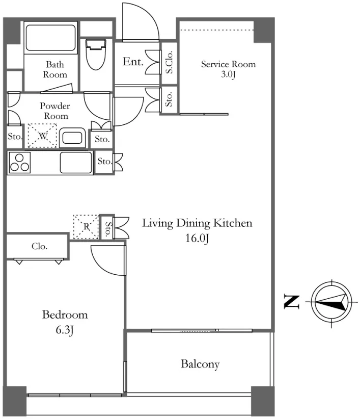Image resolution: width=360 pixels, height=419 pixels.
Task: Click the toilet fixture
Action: pos(96,55)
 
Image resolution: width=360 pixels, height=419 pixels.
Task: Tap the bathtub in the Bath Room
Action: pos(51,38)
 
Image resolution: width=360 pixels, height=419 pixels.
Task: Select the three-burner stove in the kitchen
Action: pos(19,163)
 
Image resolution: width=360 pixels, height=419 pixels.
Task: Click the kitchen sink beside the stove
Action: pos(76,163)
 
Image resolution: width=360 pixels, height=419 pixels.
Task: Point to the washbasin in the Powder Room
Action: pos(72,138)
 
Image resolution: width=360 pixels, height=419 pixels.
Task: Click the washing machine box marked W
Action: pos(42,136)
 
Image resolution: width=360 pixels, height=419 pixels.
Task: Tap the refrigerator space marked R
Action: pos(86,227)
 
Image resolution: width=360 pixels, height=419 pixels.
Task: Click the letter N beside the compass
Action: pos(291,302)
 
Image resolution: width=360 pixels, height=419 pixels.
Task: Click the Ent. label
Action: pos(133,62)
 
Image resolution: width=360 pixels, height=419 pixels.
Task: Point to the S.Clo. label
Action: pos(169,62)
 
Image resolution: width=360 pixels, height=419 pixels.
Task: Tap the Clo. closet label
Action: pos(40,246)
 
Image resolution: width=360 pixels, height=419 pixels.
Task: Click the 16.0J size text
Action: pos(197,238)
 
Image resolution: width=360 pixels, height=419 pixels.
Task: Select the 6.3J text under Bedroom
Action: pos(65,330)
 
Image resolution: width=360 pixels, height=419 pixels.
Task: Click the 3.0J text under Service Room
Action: pos(228,74)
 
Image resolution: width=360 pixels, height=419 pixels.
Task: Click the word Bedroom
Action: pos(65,315)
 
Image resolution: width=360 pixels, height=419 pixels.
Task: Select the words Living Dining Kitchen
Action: pos(197,223)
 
